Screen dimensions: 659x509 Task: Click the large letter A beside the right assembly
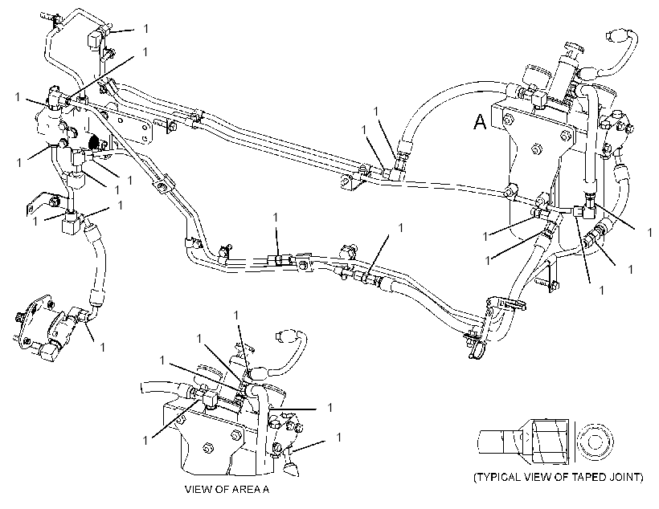click(x=480, y=122)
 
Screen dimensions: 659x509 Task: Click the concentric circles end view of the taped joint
click(x=593, y=442)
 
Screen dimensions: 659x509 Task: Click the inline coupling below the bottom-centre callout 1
click(x=276, y=261)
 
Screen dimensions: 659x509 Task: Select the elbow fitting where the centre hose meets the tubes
click(x=396, y=171)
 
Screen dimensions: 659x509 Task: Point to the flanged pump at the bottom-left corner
click(x=44, y=328)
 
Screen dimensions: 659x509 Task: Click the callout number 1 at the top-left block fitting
click(x=145, y=29)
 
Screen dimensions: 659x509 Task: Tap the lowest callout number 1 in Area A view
click(x=339, y=438)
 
